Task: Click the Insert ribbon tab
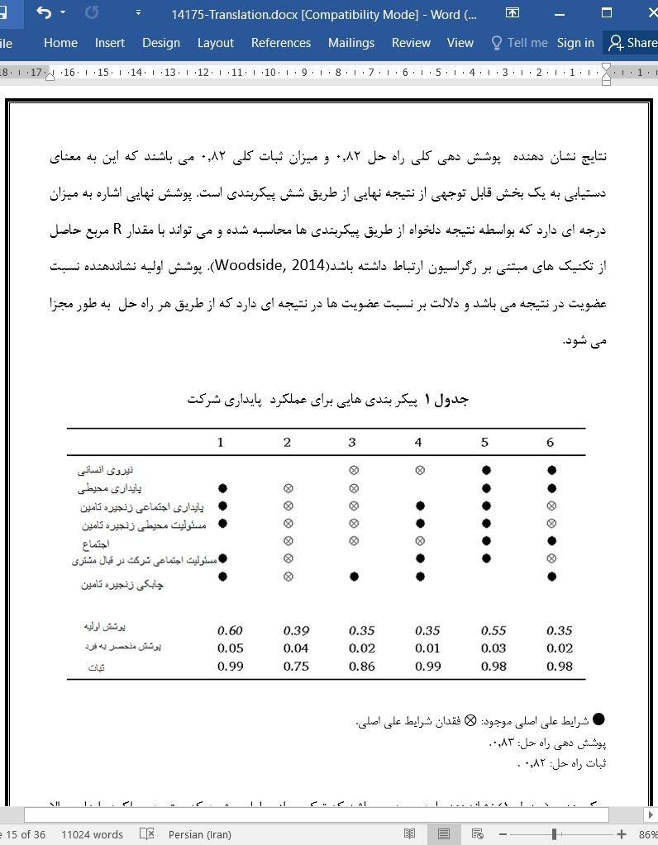[110, 43]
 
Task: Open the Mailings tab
[350, 43]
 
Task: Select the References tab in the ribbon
[281, 43]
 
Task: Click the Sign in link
[575, 43]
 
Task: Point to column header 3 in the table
[352, 443]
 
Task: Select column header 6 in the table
[550, 443]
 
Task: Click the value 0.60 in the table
[230, 630]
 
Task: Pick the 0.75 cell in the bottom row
[296, 666]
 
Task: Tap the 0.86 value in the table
[362, 666]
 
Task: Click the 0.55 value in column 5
[493, 630]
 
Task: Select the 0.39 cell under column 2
[296, 630]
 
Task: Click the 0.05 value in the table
[230, 648]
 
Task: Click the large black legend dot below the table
[598, 720]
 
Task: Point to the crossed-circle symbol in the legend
[470, 720]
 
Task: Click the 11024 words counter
[92, 834]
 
